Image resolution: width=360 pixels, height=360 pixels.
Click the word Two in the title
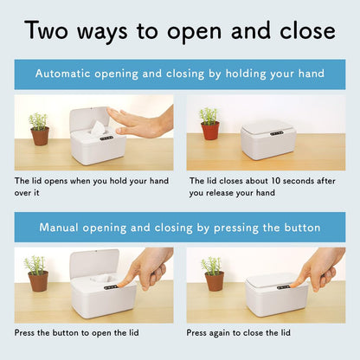(46, 30)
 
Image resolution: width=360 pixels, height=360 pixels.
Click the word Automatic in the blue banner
(62, 74)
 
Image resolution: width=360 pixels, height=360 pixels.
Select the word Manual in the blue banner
(59, 228)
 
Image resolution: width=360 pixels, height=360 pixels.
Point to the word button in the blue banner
(302, 228)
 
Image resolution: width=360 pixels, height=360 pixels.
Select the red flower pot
(210, 131)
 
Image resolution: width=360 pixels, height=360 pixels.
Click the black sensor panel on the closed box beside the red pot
(277, 133)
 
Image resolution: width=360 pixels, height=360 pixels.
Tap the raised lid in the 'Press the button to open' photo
(94, 264)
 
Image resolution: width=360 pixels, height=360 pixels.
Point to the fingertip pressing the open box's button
(120, 285)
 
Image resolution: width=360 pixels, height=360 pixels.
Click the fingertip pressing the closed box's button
(293, 285)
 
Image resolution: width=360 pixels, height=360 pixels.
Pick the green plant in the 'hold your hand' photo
(38, 121)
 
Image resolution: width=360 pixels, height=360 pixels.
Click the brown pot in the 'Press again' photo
(215, 281)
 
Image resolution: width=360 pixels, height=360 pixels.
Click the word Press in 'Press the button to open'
(24, 332)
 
